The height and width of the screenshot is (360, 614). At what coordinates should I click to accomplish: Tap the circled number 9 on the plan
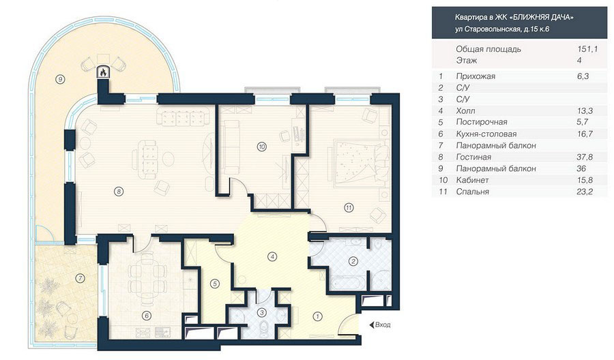59,80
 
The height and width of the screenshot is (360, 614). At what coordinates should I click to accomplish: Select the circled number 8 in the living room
119,192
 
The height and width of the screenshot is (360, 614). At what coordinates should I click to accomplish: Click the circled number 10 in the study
261,147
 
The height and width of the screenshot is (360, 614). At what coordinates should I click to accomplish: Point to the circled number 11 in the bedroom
349,208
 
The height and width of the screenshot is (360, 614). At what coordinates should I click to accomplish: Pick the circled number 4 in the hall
272,256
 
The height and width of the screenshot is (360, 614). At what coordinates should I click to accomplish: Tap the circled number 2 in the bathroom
353,261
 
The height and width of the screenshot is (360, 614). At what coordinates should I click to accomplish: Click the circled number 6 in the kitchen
146,315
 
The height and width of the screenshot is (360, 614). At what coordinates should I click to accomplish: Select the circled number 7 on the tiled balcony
80,279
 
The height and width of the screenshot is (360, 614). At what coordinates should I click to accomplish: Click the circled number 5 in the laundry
214,284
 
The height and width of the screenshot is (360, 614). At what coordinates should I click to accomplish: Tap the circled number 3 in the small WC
263,312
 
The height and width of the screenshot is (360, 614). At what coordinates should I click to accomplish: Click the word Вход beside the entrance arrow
383,325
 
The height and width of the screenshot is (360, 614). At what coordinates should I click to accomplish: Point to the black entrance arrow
371,325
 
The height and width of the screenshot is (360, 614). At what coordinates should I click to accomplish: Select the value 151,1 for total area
587,49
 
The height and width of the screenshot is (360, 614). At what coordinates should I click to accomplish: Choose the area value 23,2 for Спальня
585,192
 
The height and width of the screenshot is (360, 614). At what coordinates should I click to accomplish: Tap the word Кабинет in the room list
471,180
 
